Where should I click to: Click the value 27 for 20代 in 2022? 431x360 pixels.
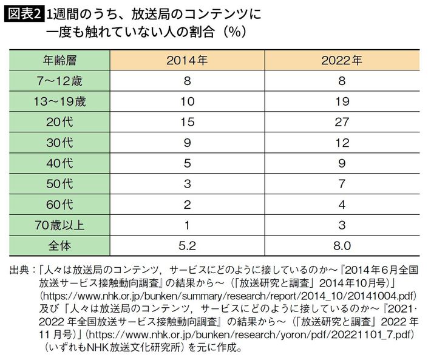click(x=342, y=122)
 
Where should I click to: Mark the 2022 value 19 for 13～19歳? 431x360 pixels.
click(x=342, y=101)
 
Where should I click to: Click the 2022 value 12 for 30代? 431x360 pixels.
click(x=342, y=143)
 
